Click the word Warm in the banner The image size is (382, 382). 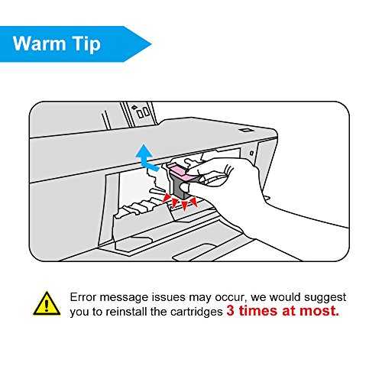40,44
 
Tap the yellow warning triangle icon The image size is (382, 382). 47,304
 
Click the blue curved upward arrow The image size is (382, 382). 147,157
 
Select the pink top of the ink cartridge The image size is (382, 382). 180,171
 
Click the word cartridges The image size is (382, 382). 196,312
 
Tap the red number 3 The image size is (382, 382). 230,311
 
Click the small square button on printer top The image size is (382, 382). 246,130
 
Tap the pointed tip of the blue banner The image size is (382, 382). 152,44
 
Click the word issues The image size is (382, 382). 168,297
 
